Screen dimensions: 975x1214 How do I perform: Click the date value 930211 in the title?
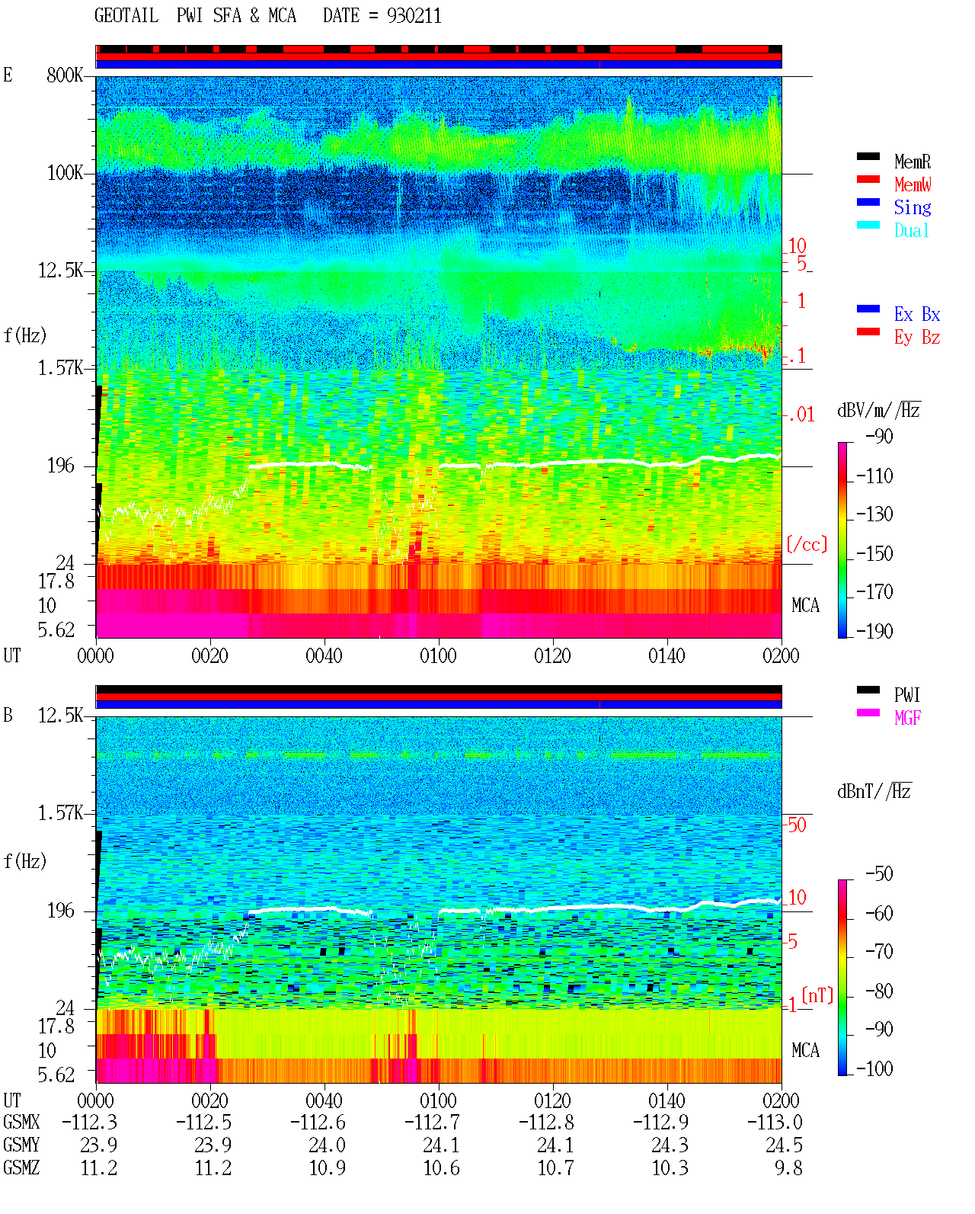tap(414, 16)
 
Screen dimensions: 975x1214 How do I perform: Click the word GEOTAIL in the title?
tap(126, 16)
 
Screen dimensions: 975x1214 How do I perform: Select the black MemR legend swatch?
tap(868, 156)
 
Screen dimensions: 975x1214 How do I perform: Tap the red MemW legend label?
tap(913, 184)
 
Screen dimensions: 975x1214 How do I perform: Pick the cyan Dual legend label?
tap(912, 230)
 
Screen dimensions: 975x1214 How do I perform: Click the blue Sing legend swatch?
tap(868, 202)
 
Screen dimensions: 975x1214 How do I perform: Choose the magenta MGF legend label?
tap(907, 718)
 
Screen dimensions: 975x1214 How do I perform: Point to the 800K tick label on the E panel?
tap(65, 75)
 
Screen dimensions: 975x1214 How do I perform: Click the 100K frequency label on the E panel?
tap(65, 173)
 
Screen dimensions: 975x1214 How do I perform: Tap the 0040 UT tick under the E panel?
tap(324, 655)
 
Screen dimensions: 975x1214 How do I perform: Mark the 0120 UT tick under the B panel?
tap(552, 1100)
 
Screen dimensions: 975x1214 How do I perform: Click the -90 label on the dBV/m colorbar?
tap(879, 436)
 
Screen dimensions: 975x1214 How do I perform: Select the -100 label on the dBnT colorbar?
tap(874, 1068)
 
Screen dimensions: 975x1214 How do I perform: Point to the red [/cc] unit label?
tap(807, 544)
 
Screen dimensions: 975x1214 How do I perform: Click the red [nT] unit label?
tap(817, 995)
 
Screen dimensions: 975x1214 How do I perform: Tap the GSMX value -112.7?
tap(432, 1122)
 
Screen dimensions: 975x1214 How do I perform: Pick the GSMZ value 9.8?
tap(788, 1168)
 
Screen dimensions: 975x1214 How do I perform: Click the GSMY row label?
tap(21, 1145)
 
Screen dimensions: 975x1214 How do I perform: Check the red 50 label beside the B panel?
tap(797, 825)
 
